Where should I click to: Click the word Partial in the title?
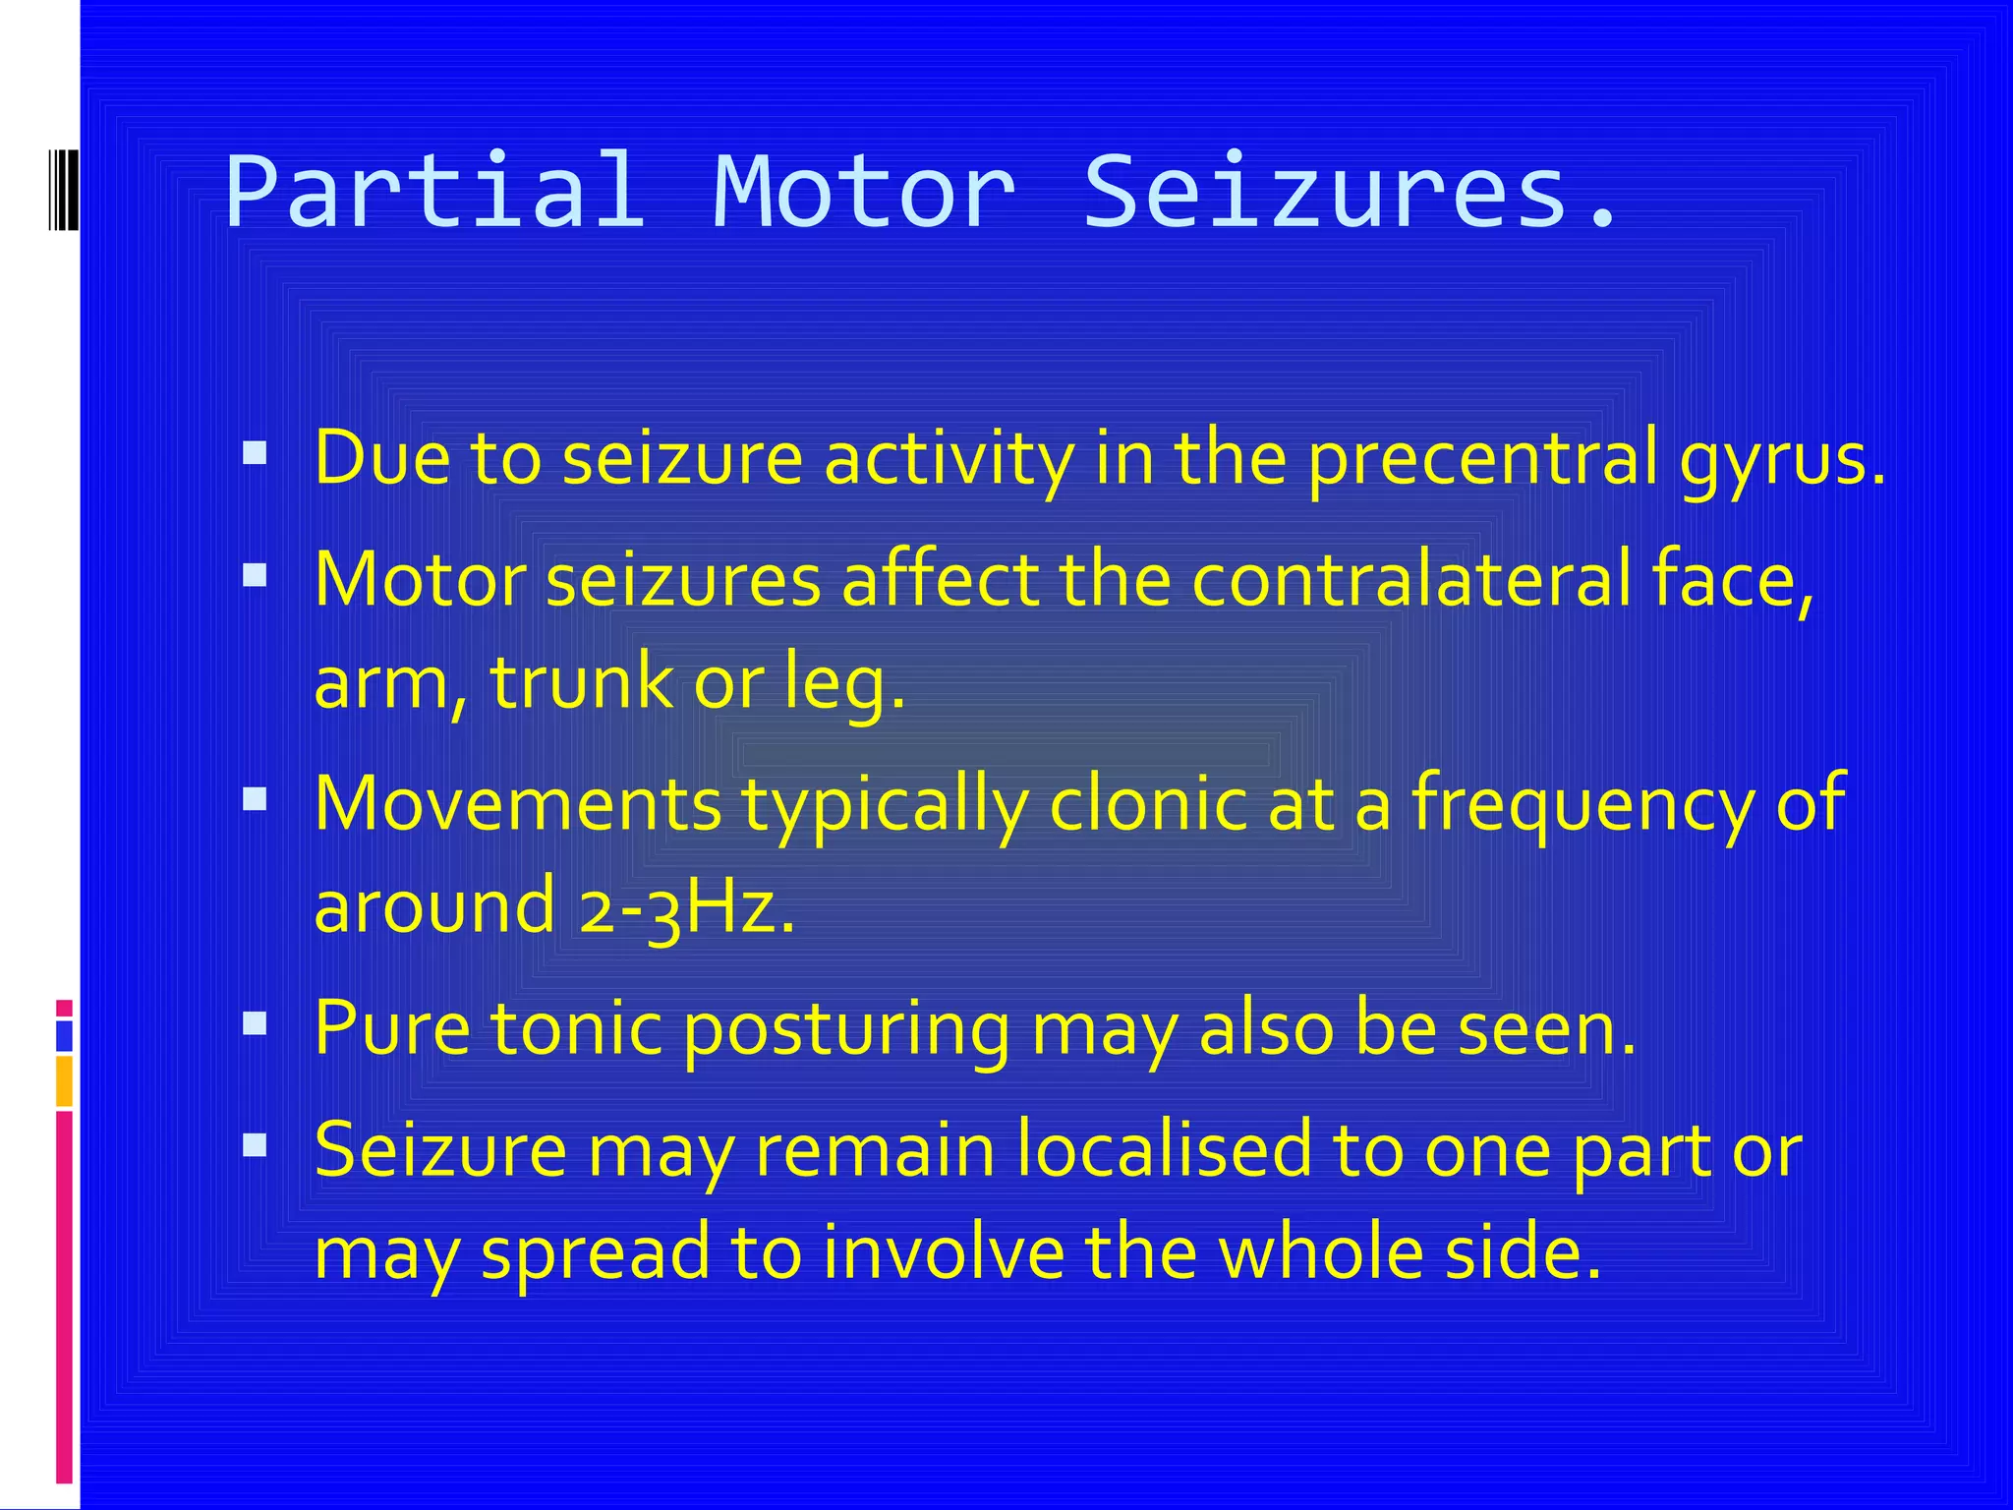click(434, 191)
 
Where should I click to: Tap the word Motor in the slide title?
click(863, 191)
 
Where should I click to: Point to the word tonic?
click(576, 1028)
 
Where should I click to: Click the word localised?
click(1164, 1149)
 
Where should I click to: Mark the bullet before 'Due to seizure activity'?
click(255, 453)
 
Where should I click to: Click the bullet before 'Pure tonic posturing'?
click(255, 1024)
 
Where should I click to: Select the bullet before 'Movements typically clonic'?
click(255, 799)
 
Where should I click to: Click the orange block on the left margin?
click(64, 1081)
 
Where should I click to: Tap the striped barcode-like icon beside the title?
click(64, 190)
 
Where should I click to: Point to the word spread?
click(596, 1254)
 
